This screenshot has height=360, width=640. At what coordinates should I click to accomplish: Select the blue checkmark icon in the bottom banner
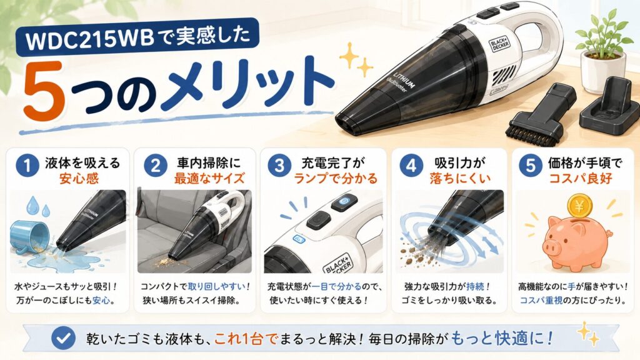click(64, 338)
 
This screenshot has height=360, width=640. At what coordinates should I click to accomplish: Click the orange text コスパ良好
click(580, 178)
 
